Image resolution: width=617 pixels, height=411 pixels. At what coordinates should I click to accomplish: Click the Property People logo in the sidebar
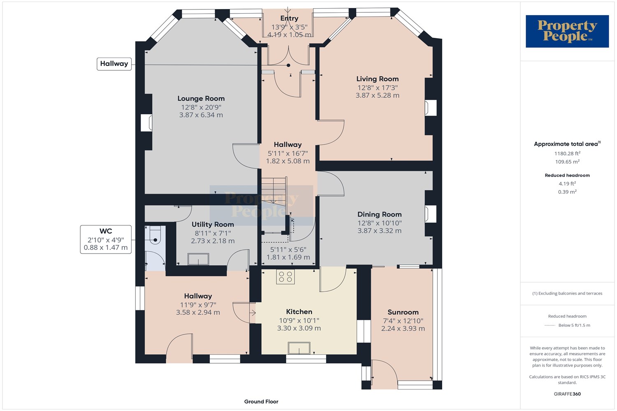pyautogui.click(x=567, y=31)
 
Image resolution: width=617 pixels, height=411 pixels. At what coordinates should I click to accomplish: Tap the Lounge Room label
pyautogui.click(x=201, y=99)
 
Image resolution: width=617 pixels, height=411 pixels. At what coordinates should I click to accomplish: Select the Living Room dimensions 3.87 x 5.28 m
pyautogui.click(x=377, y=95)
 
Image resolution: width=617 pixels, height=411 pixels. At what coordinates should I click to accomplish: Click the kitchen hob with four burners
pyautogui.click(x=285, y=277)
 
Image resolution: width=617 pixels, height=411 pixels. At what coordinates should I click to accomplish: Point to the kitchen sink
pyautogui.click(x=299, y=348)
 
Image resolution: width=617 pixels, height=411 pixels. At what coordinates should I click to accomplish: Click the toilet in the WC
pyautogui.click(x=155, y=236)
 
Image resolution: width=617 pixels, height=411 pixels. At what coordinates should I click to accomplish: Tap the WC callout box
pyautogui.click(x=106, y=239)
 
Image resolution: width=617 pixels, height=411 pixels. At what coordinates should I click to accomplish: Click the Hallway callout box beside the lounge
pyautogui.click(x=114, y=64)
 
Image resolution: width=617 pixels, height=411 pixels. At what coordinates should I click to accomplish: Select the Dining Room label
pyautogui.click(x=380, y=215)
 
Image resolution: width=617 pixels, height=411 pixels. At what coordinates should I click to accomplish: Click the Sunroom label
pyautogui.click(x=403, y=312)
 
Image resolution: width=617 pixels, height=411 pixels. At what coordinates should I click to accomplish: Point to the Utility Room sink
pyautogui.click(x=198, y=259)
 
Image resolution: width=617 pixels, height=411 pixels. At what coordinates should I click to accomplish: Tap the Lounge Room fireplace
pyautogui.click(x=146, y=123)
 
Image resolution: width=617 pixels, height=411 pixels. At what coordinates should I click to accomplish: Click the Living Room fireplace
pyautogui.click(x=431, y=108)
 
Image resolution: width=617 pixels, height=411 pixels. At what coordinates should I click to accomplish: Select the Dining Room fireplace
pyautogui.click(x=431, y=214)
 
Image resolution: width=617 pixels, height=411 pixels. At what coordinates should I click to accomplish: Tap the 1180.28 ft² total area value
pyautogui.click(x=567, y=153)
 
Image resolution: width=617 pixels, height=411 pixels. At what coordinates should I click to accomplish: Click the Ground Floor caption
pyautogui.click(x=261, y=402)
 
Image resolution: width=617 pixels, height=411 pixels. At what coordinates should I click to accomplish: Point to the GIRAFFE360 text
pyautogui.click(x=567, y=394)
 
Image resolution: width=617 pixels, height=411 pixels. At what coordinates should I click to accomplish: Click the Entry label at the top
pyautogui.click(x=289, y=18)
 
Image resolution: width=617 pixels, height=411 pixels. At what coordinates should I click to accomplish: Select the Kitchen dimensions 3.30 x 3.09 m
pyautogui.click(x=299, y=328)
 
